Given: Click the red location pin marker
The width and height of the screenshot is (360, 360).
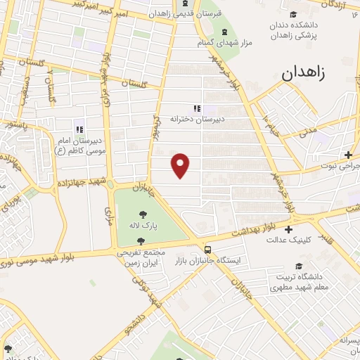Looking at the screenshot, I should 181,165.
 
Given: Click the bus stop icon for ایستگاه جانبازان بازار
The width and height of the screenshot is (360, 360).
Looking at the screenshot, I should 207,249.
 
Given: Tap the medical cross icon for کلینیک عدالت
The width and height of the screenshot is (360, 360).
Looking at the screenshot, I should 288,229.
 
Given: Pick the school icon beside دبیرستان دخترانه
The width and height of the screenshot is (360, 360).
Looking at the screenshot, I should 198,108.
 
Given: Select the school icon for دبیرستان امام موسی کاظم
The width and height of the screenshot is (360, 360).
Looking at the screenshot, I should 79,130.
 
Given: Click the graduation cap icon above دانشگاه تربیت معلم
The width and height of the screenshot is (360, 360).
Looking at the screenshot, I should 301,266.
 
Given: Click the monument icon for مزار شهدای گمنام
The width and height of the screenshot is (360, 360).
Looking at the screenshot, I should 225,32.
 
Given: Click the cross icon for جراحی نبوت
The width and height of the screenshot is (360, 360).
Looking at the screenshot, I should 349,155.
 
